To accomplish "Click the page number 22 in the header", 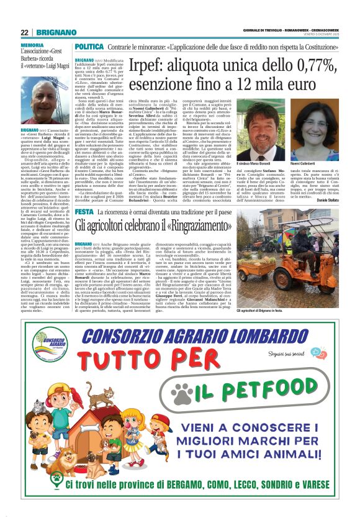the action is (24, 32).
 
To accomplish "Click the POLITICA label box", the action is (89, 47).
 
